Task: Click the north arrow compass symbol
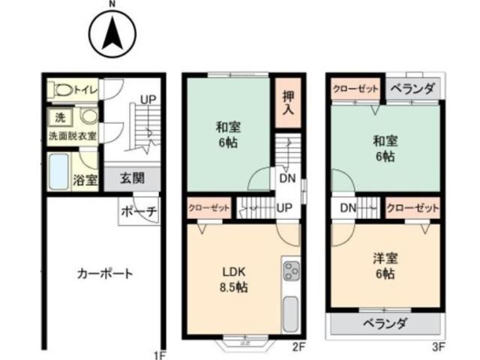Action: (x=112, y=34)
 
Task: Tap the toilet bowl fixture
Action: (x=62, y=90)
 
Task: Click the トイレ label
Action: (x=86, y=90)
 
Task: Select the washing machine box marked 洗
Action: (x=60, y=117)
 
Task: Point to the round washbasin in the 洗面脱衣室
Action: (x=88, y=117)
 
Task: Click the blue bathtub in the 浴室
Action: (x=58, y=172)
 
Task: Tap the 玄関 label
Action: (x=132, y=178)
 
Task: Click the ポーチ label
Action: (x=139, y=211)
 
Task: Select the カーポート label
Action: (x=105, y=273)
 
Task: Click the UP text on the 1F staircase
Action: (x=148, y=100)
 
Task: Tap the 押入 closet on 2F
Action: (x=288, y=103)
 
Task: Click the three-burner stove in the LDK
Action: (x=291, y=271)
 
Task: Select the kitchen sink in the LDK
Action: (x=290, y=314)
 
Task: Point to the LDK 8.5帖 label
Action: (x=233, y=280)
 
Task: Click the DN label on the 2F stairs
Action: (x=287, y=178)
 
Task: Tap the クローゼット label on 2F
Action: (x=209, y=208)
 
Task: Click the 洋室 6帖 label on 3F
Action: (x=385, y=265)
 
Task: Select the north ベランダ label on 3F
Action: (x=413, y=88)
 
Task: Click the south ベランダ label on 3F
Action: (x=385, y=323)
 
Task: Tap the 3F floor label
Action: (x=438, y=346)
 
